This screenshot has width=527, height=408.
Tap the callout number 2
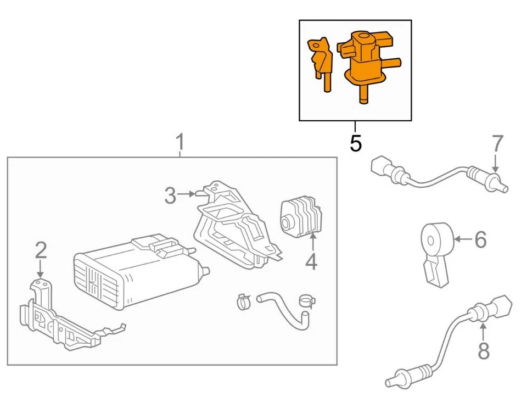[x=41, y=250]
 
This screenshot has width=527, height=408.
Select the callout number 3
[x=171, y=195]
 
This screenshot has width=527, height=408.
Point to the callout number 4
[x=311, y=261]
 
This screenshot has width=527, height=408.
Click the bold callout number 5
[x=355, y=143]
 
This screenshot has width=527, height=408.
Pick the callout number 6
[x=480, y=239]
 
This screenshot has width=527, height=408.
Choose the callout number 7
[x=497, y=144]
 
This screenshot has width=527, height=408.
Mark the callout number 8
[x=483, y=350]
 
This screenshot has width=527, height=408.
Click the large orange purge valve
[x=362, y=63]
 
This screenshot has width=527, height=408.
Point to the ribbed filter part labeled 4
[x=301, y=219]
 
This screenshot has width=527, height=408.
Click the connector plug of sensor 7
[x=380, y=165]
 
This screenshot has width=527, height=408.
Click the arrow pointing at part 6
[x=462, y=239]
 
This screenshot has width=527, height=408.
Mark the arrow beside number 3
[x=189, y=194]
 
